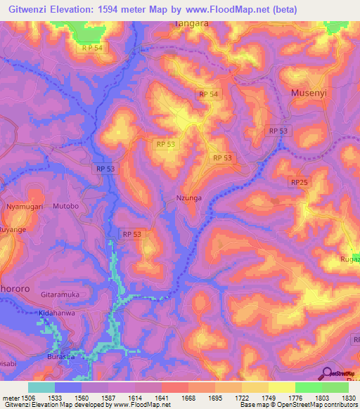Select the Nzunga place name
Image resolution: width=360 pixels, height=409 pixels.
click(188, 198)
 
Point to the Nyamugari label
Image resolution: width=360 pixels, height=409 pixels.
click(25, 207)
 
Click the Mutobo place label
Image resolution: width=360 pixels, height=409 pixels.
click(65, 207)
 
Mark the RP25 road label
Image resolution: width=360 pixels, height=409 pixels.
click(299, 182)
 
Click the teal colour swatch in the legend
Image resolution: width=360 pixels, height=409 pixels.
click(41, 387)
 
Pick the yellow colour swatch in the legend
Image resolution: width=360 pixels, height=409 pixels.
click(282, 387)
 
